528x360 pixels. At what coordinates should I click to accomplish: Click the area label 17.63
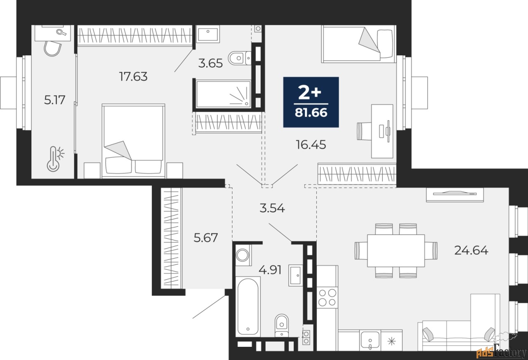tap(133, 76)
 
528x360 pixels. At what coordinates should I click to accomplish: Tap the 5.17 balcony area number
tap(54, 100)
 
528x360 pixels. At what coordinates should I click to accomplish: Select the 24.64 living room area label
tap(471, 250)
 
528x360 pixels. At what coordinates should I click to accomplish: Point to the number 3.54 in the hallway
tap(272, 208)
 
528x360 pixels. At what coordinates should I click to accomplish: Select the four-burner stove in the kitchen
tap(328, 297)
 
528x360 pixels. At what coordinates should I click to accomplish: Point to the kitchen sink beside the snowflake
tap(370, 341)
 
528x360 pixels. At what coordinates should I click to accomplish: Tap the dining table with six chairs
tap(396, 251)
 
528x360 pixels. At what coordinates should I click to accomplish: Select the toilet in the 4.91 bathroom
tap(282, 325)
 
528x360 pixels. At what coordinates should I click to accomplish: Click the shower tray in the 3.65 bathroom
tap(223, 94)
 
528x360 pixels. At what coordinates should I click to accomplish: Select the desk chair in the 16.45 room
tap(365, 131)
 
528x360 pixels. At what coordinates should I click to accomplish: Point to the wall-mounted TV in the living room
tap(455, 195)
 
